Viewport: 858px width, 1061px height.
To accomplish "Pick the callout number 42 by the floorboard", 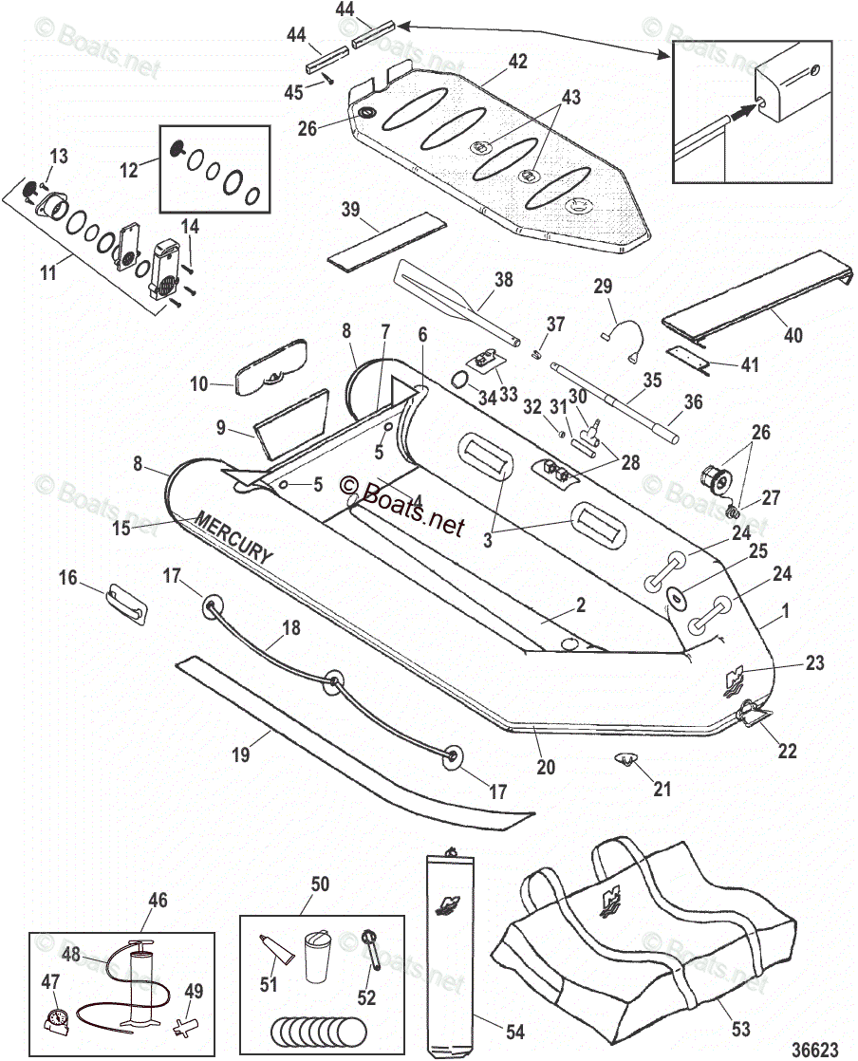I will click(518, 60).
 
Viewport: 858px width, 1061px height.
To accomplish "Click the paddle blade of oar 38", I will click(417, 285).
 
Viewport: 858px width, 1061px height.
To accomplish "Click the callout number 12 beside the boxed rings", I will click(129, 170).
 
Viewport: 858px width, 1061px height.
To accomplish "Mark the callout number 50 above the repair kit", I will click(320, 884).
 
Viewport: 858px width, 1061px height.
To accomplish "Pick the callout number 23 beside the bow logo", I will click(814, 663).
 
